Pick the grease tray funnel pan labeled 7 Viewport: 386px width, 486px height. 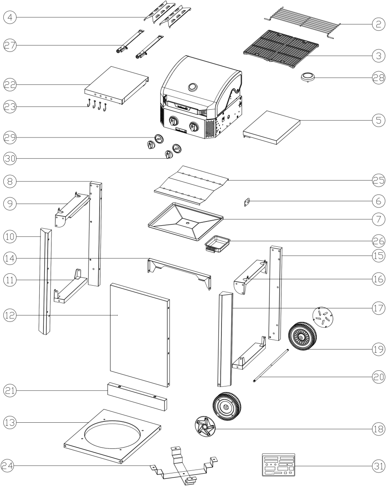(x=186, y=221)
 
